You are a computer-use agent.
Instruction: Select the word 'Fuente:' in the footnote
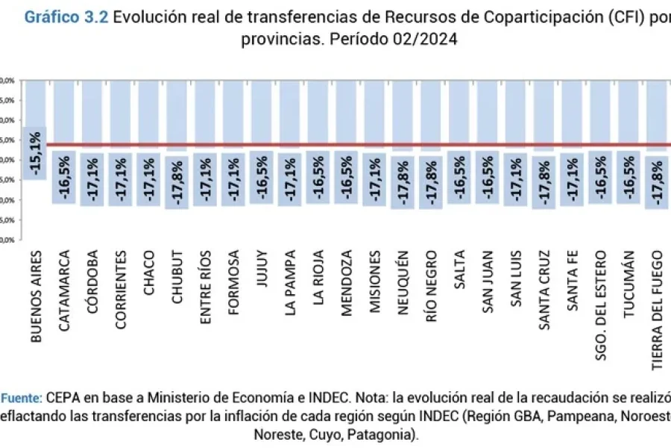click(23, 397)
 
